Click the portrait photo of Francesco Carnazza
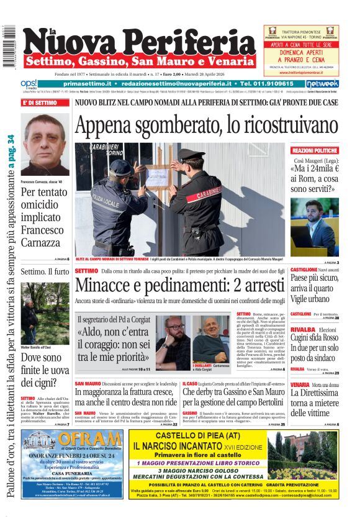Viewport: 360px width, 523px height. click(x=45, y=144)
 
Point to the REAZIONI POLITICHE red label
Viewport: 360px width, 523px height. click(x=323, y=150)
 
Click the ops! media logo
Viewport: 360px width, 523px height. click(x=29, y=84)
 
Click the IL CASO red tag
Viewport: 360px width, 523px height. click(x=189, y=384)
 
